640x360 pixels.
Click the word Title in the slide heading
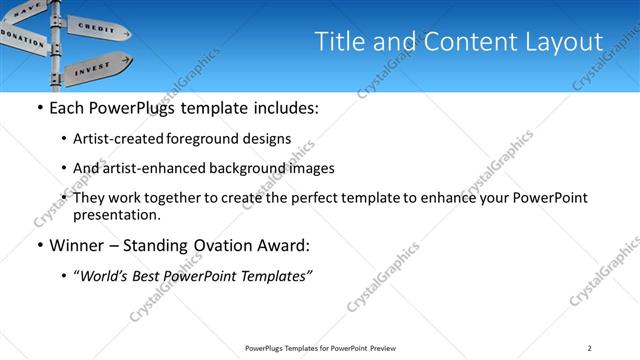pos(340,42)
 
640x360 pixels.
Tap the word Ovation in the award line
pos(228,245)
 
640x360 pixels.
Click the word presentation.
pos(116,214)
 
